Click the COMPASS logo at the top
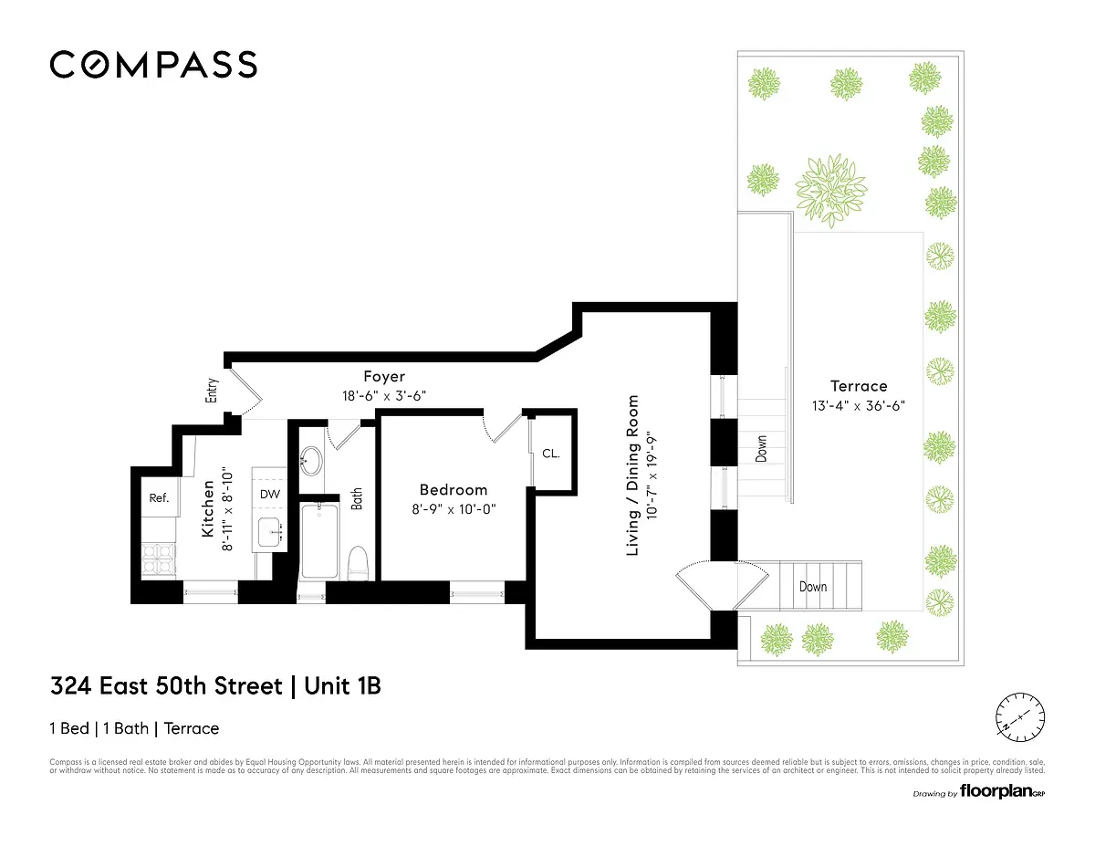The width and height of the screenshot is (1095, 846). [152, 65]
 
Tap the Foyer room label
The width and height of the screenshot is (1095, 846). [383, 376]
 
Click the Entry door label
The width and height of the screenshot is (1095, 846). [213, 391]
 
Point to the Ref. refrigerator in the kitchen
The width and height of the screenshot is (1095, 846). [160, 498]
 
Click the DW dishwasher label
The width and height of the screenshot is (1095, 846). [270, 494]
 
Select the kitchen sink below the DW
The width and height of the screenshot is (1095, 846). [271, 530]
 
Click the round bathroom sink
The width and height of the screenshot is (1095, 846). [311, 461]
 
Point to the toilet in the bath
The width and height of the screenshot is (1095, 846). [357, 561]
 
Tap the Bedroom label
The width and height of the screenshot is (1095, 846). [454, 490]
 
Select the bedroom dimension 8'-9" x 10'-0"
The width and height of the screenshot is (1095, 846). [454, 509]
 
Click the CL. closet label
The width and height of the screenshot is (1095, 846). [550, 454]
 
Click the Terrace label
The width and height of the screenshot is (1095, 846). [858, 386]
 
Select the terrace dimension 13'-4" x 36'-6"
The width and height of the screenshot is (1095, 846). [858, 405]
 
